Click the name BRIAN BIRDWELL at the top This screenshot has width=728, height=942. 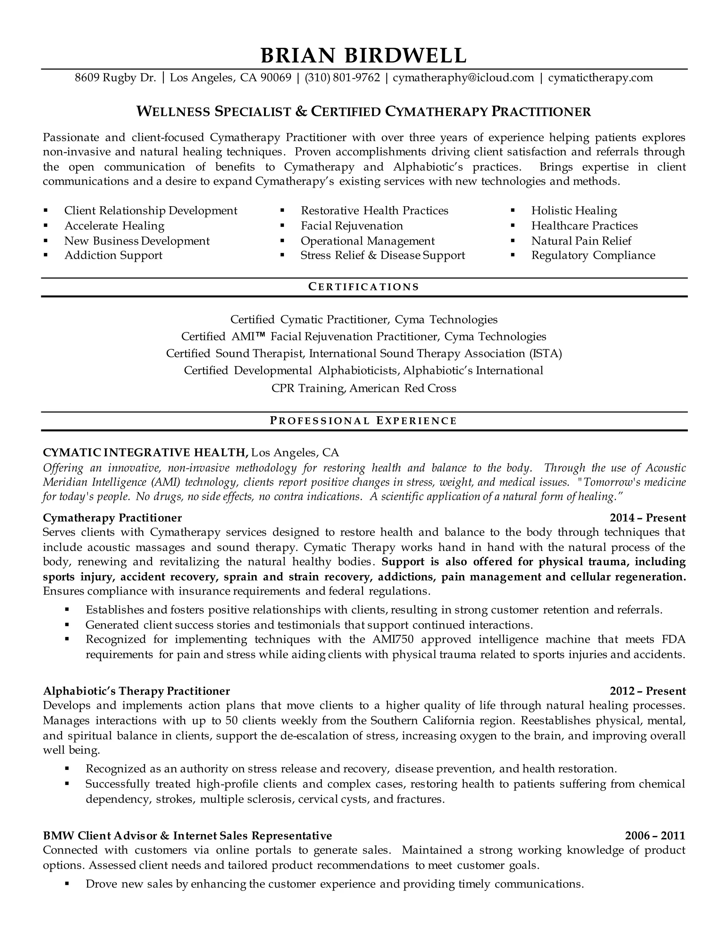pyautogui.click(x=364, y=55)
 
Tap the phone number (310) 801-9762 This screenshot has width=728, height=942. pyautogui.click(x=342, y=77)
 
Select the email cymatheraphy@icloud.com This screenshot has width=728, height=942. pyautogui.click(x=463, y=77)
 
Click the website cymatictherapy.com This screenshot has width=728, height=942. pyautogui.click(x=600, y=77)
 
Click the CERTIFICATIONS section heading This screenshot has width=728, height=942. pyautogui.click(x=364, y=287)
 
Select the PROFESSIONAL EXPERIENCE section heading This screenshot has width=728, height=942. pyautogui.click(x=364, y=421)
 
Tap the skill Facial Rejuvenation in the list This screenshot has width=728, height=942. pyautogui.click(x=352, y=226)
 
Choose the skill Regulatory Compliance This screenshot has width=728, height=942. pyautogui.click(x=593, y=255)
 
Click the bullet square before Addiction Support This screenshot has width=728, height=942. pyautogui.click(x=46, y=255)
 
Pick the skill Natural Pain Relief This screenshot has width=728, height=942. pyautogui.click(x=581, y=241)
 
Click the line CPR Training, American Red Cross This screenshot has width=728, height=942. pyautogui.click(x=364, y=388)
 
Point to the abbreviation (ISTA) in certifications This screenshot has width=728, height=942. pyautogui.click(x=545, y=354)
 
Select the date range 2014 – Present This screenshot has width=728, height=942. pyautogui.click(x=647, y=518)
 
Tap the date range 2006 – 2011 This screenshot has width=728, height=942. pyautogui.click(x=655, y=836)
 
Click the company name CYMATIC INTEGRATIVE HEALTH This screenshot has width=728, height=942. pyautogui.click(x=145, y=453)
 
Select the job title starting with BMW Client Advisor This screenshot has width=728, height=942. pyautogui.click(x=187, y=836)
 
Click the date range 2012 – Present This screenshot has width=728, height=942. pyautogui.click(x=647, y=691)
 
